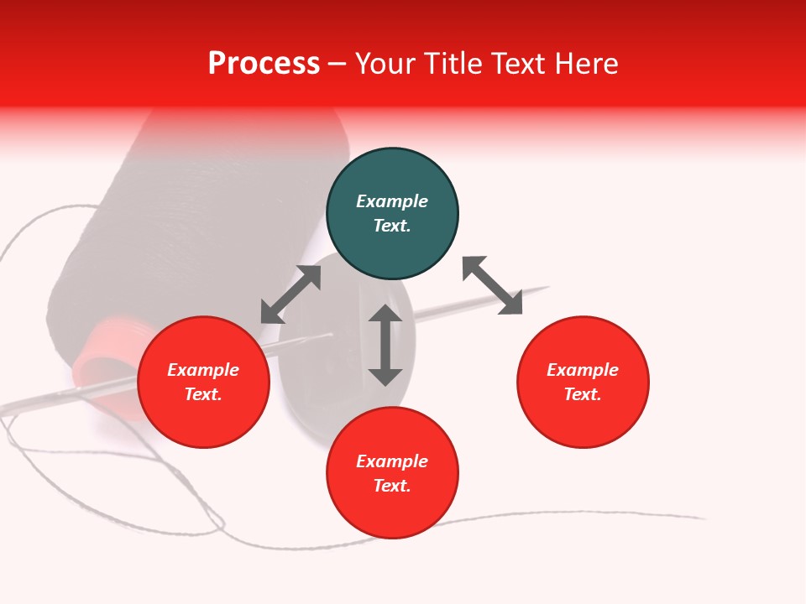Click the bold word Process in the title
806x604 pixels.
[x=264, y=64]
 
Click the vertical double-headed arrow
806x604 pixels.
[x=385, y=345]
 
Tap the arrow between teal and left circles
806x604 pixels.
[x=290, y=294]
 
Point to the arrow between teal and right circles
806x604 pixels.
[x=493, y=285]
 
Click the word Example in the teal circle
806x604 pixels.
[x=392, y=201]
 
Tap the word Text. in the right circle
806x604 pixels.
[x=583, y=394]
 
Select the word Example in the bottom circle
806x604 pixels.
[x=392, y=461]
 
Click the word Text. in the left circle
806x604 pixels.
[x=203, y=394]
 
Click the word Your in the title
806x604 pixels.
[x=388, y=64]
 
